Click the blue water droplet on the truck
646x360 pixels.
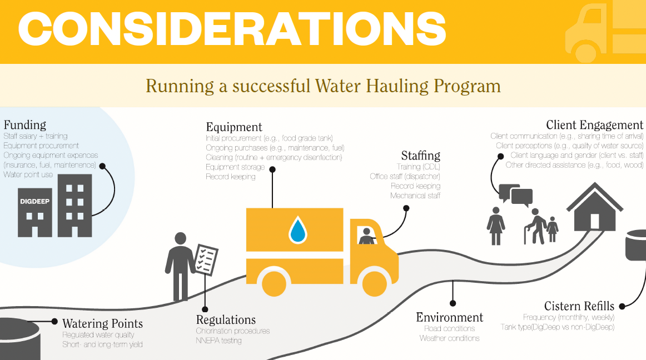coord(297,230)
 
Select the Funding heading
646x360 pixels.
coord(25,124)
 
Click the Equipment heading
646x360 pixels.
coord(234,127)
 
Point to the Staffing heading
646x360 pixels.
coord(420,155)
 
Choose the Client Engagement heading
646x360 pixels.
coord(594,125)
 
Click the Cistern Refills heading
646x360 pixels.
coord(579,306)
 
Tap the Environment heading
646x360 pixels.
coord(450,318)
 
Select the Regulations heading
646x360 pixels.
coord(226,320)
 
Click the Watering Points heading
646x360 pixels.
coord(102,323)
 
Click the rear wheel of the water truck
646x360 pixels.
coord(276,282)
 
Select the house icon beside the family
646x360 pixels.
coord(594,208)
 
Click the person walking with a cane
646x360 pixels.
coord(536,226)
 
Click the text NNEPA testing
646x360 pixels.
coord(218,341)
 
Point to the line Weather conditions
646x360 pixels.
coord(449,338)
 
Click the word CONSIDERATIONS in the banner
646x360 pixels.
coord(232,28)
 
